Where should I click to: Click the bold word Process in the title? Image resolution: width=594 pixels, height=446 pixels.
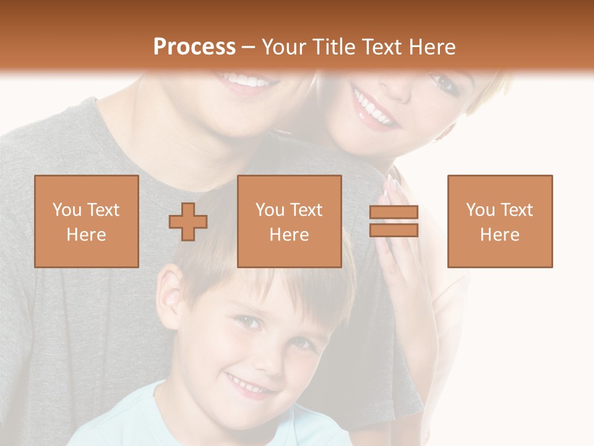[194, 46]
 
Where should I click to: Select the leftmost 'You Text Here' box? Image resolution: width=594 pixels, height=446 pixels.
[86, 221]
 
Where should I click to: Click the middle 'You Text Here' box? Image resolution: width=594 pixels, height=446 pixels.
[289, 221]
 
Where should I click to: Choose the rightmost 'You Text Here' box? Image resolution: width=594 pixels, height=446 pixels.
[499, 221]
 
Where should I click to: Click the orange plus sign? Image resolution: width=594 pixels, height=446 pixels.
[188, 221]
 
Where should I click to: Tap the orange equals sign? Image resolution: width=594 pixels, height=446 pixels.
[394, 221]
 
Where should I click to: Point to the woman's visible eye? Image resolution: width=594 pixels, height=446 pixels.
[441, 81]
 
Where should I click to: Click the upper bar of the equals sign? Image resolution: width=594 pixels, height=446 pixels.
[394, 212]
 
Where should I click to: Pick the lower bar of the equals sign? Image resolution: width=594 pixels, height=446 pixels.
[394, 230]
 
